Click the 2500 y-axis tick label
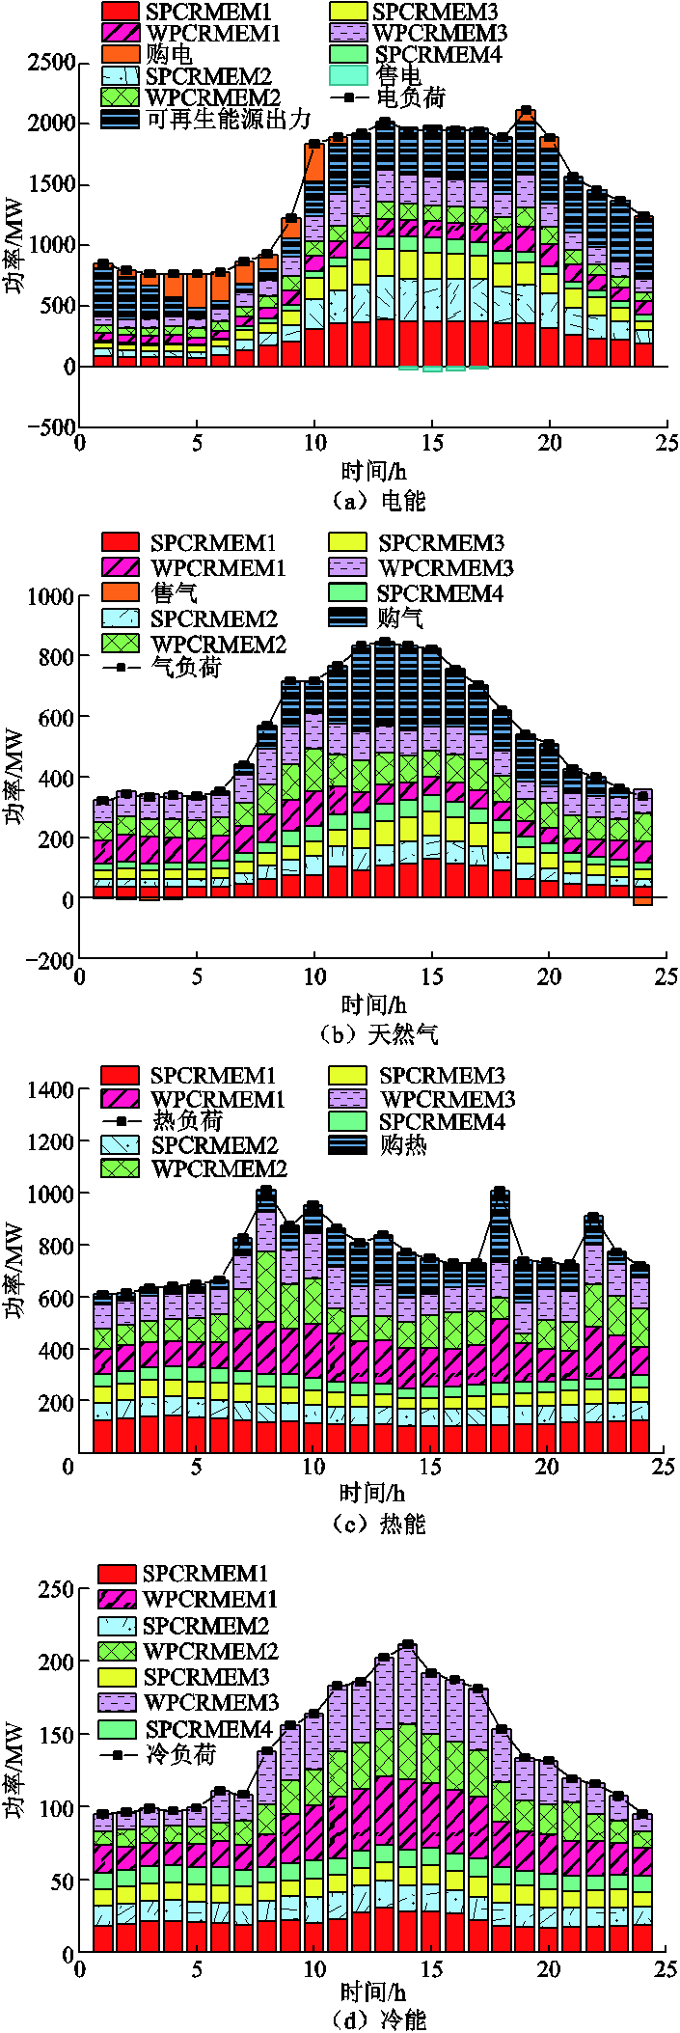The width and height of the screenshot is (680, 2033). (x=51, y=63)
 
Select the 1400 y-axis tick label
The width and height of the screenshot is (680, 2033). (x=51, y=1089)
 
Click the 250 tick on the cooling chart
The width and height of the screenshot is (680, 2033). (x=55, y=1588)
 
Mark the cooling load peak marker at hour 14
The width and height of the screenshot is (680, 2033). (x=407, y=1644)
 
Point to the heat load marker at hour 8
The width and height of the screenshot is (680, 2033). (x=266, y=1193)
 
